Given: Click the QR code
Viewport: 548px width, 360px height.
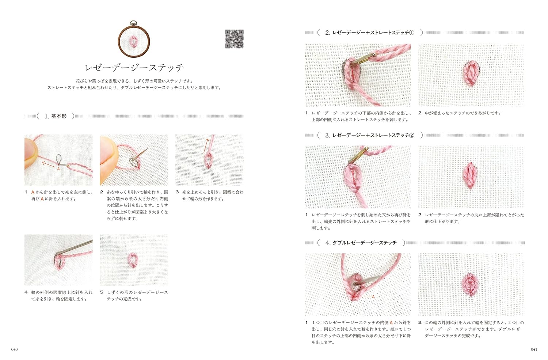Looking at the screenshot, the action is coord(234,39).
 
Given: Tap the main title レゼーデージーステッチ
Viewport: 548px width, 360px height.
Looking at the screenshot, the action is coord(134,68).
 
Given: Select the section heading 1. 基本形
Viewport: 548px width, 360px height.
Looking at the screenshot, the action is coord(56,116).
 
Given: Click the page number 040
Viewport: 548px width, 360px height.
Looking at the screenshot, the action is coord(15,349).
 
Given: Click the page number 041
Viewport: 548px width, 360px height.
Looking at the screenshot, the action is coord(534,349).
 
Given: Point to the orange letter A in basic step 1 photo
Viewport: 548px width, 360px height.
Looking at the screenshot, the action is coord(58,169).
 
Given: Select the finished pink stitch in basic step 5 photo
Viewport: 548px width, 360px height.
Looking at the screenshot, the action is coord(133,260).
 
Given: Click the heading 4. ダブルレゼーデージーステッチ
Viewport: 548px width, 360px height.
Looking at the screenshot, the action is coord(361,243).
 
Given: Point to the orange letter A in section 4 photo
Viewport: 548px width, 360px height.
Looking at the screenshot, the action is coord(373,297).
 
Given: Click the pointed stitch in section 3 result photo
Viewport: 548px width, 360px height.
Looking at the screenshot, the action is coord(470,175).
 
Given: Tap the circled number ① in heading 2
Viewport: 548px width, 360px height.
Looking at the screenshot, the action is coord(412,33).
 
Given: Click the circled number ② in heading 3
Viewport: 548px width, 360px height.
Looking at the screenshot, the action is coord(412,135).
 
